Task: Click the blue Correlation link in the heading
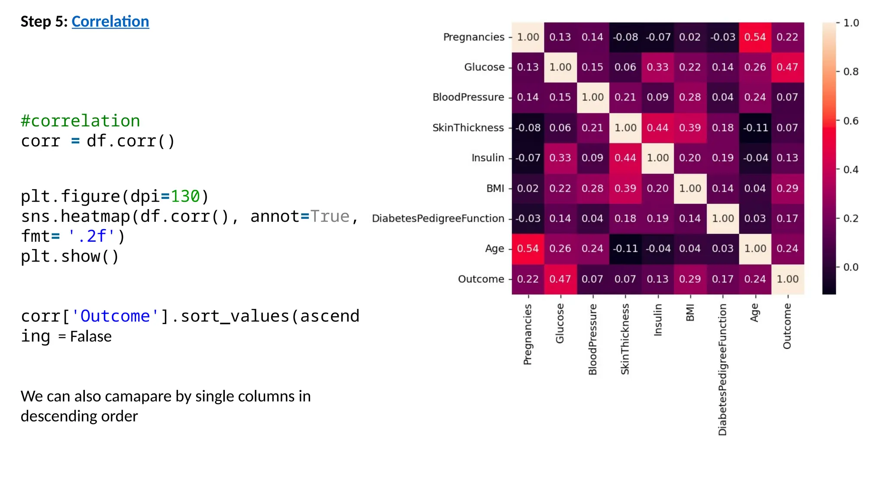(110, 22)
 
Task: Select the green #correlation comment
(81, 121)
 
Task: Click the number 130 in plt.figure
(185, 197)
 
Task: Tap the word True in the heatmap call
(330, 217)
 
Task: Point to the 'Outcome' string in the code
(115, 317)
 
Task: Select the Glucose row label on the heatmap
(484, 67)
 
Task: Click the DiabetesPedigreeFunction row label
(437, 218)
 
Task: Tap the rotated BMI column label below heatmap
(690, 313)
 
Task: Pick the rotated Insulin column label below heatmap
(657, 320)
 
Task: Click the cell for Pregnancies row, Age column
(755, 37)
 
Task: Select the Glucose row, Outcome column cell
(787, 67)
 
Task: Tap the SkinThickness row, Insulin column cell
(657, 128)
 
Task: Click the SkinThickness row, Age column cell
(755, 128)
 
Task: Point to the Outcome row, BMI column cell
(690, 279)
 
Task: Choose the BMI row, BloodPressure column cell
(592, 188)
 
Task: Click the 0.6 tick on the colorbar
(851, 121)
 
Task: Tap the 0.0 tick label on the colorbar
(851, 267)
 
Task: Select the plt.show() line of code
(70, 256)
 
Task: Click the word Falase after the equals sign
(91, 337)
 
